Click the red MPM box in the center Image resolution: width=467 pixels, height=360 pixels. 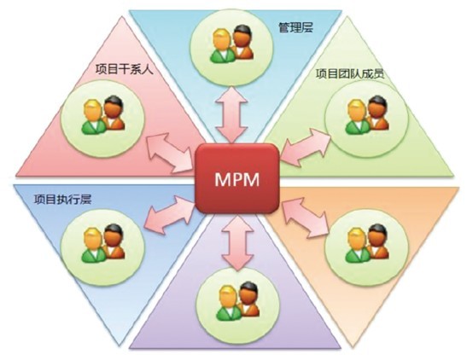tap(237, 178)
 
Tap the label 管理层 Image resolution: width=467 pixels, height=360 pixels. tap(295, 27)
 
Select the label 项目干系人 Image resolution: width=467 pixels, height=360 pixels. tap(125, 69)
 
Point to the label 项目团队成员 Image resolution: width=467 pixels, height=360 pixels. tap(350, 73)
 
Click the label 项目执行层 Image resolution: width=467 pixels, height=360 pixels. tap(62, 200)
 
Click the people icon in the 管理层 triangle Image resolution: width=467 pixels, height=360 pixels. tap(231, 44)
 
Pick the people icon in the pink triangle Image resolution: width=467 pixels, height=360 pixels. tap(102, 115)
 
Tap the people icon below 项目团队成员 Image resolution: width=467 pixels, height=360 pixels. tap(367, 115)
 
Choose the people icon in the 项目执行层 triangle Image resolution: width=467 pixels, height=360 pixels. tap(102, 243)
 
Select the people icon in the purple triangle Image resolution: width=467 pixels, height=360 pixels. tap(237, 301)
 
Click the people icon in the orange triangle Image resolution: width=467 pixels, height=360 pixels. tap(367, 243)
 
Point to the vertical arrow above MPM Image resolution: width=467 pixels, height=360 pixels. tap(231, 113)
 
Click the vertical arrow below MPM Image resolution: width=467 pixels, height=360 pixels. tap(237, 241)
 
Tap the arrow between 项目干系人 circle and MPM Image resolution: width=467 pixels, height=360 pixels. tap(169, 153)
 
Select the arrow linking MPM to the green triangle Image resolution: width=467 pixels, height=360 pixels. tap(306, 147)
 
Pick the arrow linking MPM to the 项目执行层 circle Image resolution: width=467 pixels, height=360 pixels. tap(170, 214)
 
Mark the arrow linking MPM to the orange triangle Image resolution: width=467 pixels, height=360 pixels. tap(305, 218)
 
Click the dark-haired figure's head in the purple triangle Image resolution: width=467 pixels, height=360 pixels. tap(248, 293)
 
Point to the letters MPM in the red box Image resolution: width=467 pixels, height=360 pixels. tap(237, 179)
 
